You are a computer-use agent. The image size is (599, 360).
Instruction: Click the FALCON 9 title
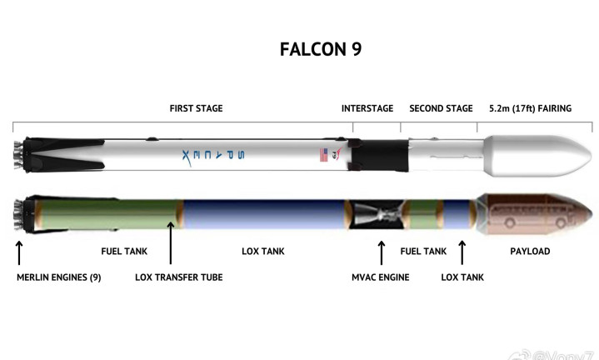click(321, 49)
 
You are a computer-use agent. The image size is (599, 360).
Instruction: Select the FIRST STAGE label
click(196, 108)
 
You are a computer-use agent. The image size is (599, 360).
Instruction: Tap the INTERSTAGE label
click(367, 108)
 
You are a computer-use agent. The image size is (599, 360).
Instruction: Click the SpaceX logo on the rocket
click(212, 155)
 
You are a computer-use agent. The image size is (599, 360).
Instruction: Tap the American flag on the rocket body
click(323, 155)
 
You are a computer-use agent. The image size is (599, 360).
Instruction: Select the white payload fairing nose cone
click(525, 155)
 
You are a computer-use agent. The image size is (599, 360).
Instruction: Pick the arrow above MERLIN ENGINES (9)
click(19, 252)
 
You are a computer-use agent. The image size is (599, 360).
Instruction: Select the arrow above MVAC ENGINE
click(382, 252)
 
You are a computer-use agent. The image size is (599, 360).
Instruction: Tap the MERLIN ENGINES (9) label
click(59, 277)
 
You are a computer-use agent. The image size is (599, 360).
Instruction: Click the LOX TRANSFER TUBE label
click(178, 277)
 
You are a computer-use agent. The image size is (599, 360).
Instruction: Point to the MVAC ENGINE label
click(380, 277)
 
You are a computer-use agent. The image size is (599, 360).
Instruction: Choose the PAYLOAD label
click(529, 251)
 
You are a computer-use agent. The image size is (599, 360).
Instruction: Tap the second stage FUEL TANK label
click(422, 251)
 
